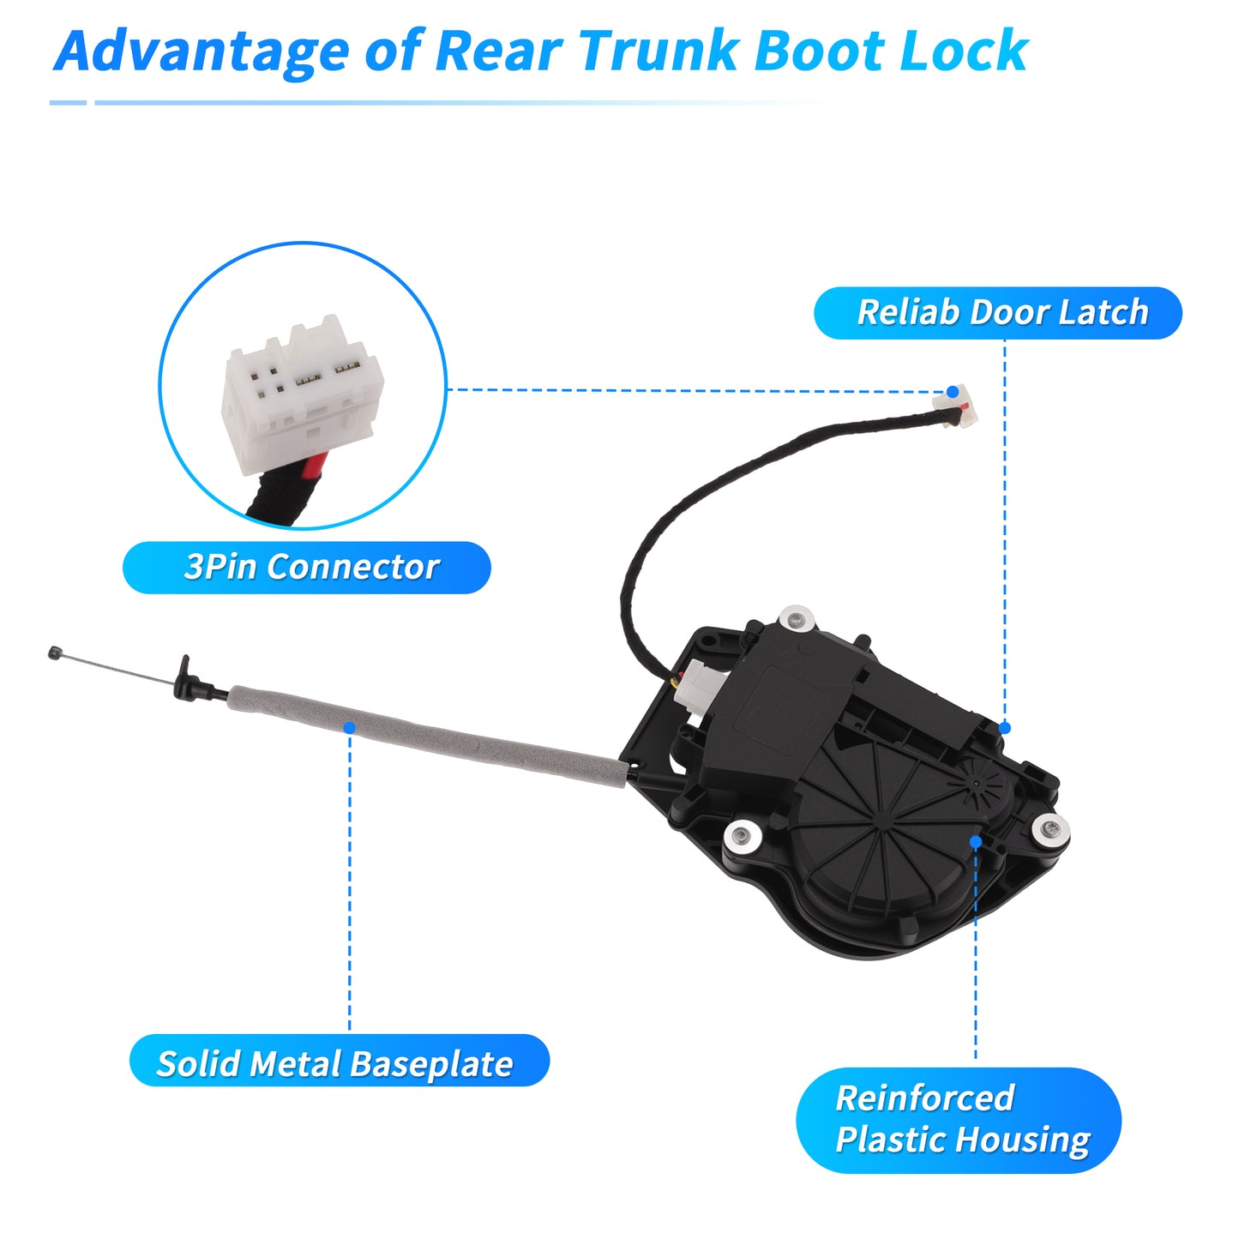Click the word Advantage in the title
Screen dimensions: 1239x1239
[201, 52]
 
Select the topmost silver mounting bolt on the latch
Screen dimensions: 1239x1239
[797, 620]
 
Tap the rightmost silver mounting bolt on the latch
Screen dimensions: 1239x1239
[1051, 828]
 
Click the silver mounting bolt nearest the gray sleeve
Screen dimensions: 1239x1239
[743, 836]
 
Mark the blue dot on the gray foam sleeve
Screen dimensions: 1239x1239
[349, 728]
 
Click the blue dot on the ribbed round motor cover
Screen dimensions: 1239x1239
[976, 842]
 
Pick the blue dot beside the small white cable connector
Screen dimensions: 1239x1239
[953, 392]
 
